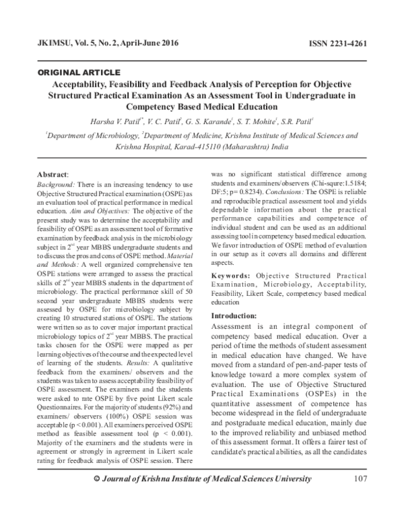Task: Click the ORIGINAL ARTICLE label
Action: (79, 71)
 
